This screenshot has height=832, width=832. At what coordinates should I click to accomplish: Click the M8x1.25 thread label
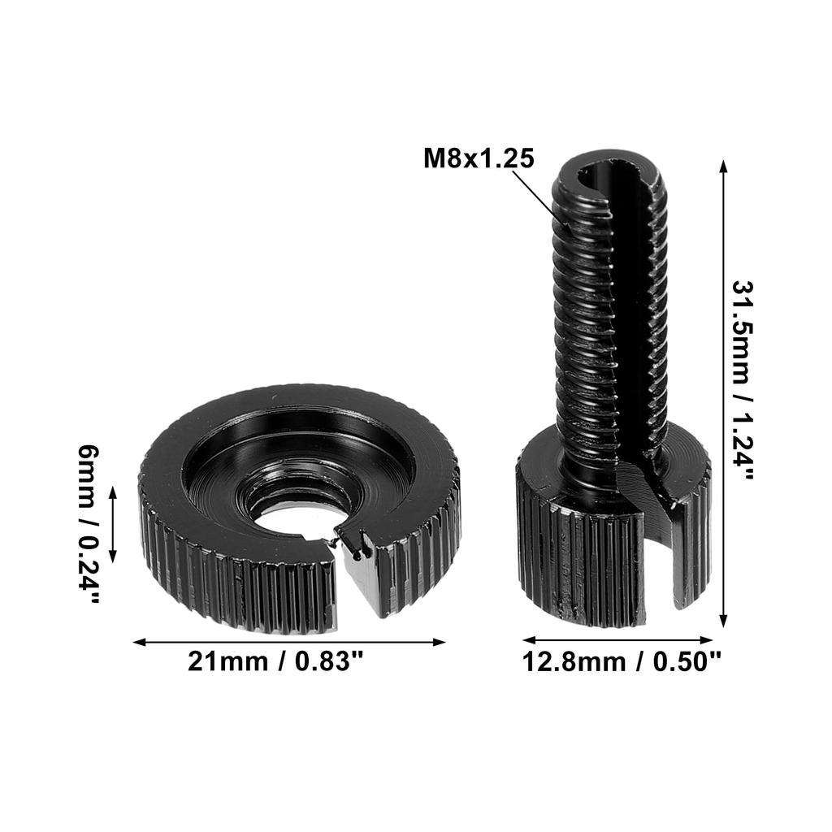point(479,158)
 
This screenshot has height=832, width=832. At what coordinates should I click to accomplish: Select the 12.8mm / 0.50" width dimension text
point(622,662)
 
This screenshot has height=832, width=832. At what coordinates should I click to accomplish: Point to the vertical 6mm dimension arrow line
point(113,525)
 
